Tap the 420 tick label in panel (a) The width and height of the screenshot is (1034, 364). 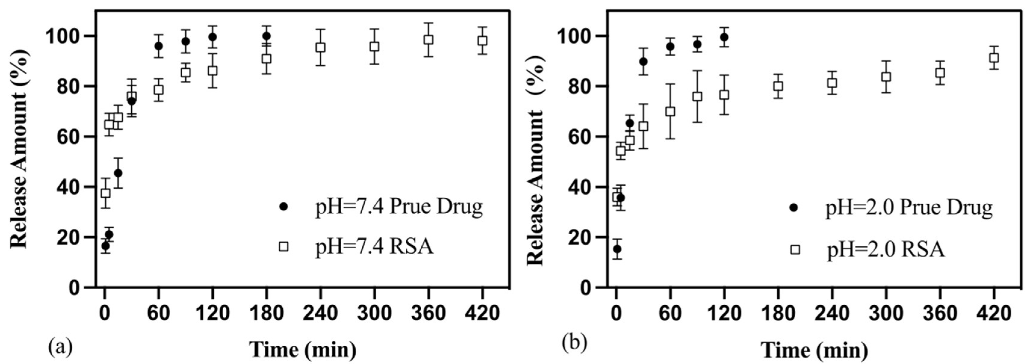coord(482,313)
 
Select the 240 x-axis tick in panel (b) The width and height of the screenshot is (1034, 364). coord(832,313)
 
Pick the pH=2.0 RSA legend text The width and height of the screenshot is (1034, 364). coord(885,250)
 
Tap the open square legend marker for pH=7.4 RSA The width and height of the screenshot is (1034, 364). coord(283,246)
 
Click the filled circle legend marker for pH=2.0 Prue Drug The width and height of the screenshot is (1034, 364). coord(794,208)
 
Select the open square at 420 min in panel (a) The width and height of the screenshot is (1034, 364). coord(482,41)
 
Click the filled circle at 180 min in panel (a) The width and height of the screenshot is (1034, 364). coord(267,36)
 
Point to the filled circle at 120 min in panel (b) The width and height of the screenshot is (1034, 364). coord(724,37)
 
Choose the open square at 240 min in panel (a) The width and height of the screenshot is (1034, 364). coord(320,47)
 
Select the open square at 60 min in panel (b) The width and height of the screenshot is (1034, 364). coord(670,111)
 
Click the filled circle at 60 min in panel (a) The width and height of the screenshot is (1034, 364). coord(159,46)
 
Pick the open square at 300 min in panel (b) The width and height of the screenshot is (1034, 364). coord(886,77)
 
